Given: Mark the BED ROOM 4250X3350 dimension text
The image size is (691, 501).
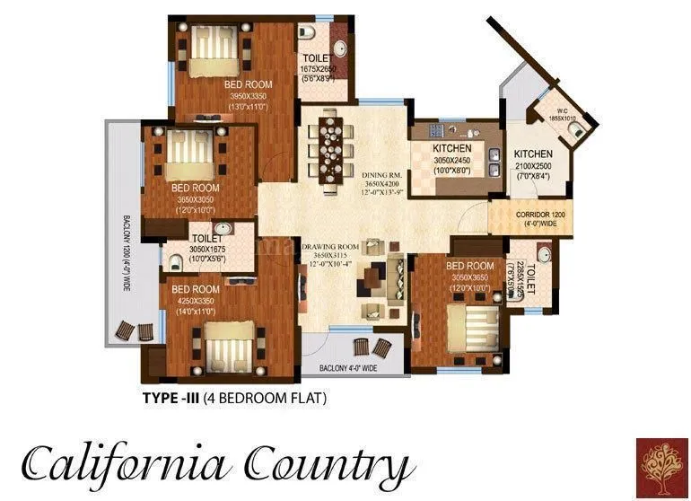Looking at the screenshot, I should tap(195, 302).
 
